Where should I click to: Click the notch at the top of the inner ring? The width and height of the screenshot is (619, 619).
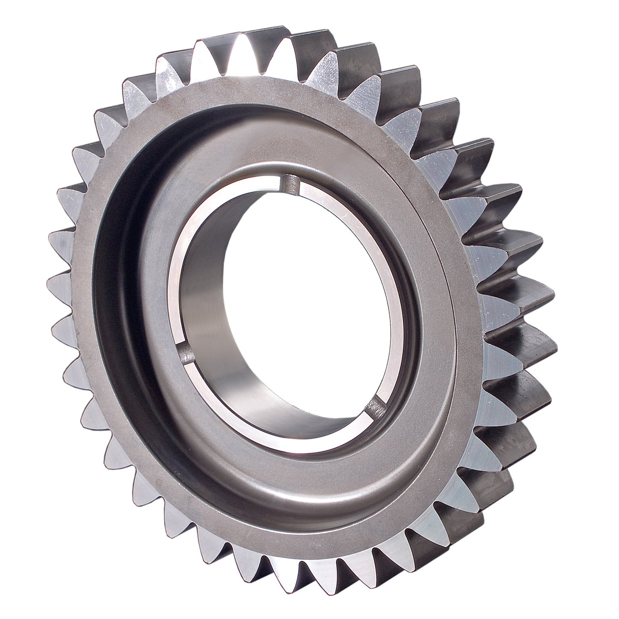click(x=290, y=184)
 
